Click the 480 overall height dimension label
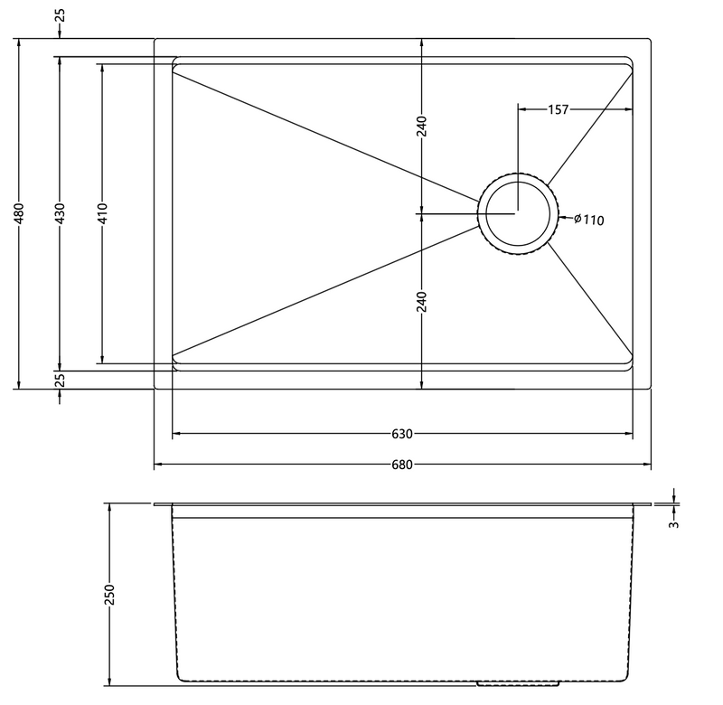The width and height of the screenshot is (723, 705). click(x=19, y=213)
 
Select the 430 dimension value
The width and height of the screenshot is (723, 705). click(x=60, y=213)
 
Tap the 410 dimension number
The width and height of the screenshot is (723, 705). click(x=102, y=213)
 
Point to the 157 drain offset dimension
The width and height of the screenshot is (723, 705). click(x=558, y=109)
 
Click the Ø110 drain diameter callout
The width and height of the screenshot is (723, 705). click(x=589, y=220)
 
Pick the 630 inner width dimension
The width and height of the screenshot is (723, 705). click(x=402, y=434)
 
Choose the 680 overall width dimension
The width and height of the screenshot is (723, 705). click(x=402, y=465)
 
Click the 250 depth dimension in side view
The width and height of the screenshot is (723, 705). click(x=109, y=595)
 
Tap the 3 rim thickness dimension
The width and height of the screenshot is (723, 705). click(x=674, y=524)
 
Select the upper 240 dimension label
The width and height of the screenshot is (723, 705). click(x=422, y=127)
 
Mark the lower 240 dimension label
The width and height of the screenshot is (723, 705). click(x=422, y=302)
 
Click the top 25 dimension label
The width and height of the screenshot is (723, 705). click(x=60, y=15)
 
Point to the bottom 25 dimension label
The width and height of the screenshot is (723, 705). click(x=60, y=380)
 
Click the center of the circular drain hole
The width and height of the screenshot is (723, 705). click(x=518, y=214)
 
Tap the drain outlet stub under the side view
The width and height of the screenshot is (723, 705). click(x=518, y=683)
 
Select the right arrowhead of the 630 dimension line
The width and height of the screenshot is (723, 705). click(x=628, y=434)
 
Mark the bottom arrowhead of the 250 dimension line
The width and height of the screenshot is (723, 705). click(x=109, y=681)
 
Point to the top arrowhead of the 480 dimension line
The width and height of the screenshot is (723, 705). click(x=19, y=43)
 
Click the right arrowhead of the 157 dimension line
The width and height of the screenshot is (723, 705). click(x=628, y=109)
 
